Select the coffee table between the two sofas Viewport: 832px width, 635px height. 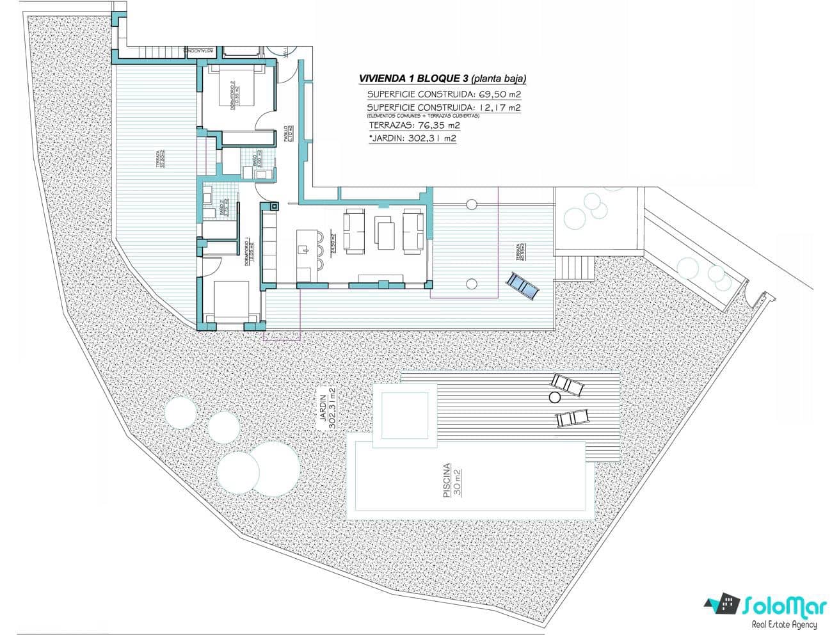point(385,234)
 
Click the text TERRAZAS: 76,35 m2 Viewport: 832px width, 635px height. point(414,125)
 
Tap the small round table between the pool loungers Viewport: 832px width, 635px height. point(554,398)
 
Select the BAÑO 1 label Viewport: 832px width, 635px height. point(254,158)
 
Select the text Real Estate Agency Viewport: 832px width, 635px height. point(785,624)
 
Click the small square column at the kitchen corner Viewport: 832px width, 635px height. point(274,206)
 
